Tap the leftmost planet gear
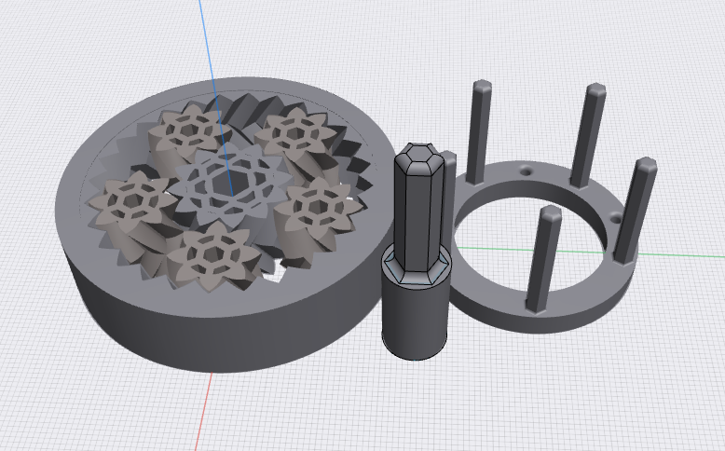pos(129,199)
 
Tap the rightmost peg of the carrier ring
pos(633,210)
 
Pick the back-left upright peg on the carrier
pos(480,130)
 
